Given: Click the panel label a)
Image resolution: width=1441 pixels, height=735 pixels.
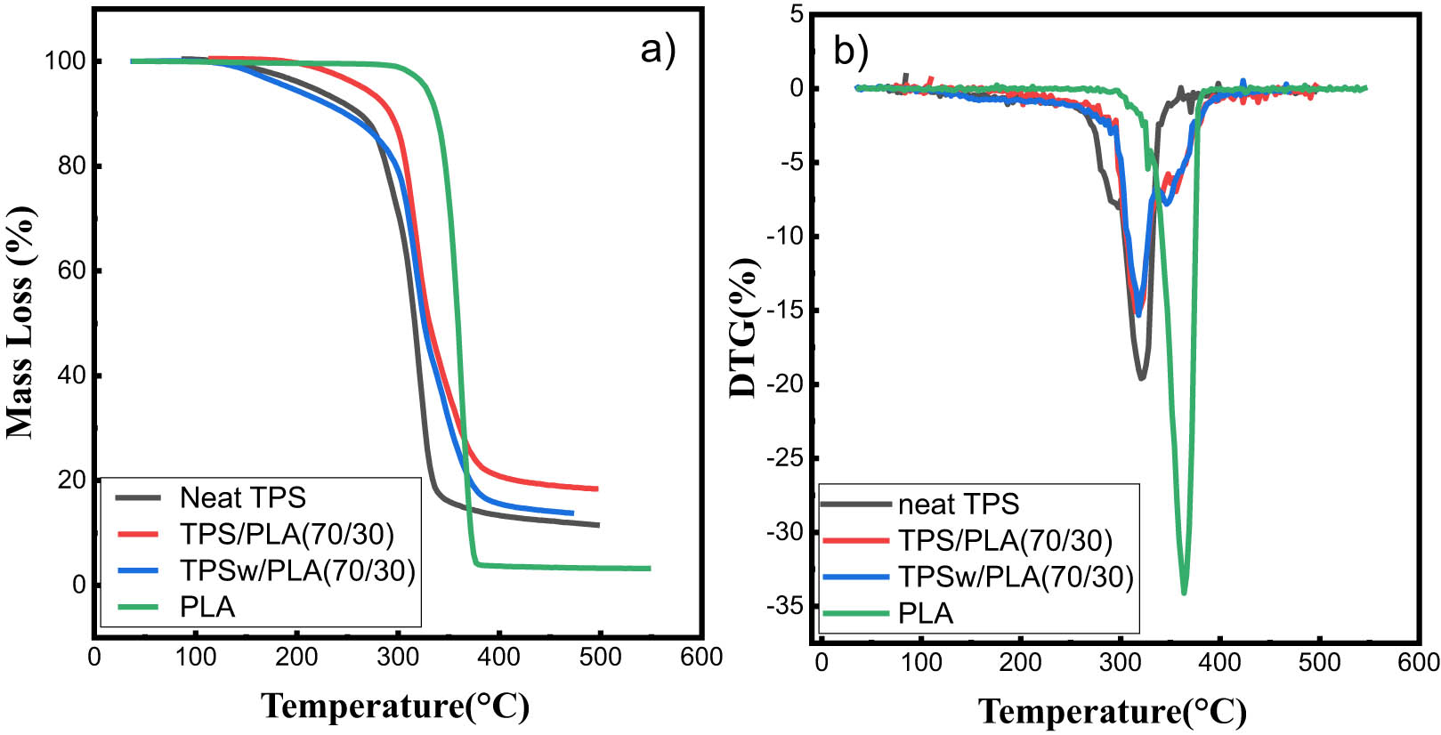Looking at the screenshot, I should pos(658,50).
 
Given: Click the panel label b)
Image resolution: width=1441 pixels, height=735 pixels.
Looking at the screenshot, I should pos(850,51).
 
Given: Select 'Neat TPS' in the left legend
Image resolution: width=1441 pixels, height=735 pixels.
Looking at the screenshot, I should pos(242,497).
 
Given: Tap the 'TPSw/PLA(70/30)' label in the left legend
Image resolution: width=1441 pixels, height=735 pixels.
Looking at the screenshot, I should pos(297,570).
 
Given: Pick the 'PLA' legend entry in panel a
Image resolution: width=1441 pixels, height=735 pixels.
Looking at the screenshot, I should pos(207,607).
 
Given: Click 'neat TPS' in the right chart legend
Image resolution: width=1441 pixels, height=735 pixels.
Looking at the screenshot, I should pos(958,505).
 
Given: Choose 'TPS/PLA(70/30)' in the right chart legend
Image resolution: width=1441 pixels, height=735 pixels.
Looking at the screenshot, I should pos(1005,540).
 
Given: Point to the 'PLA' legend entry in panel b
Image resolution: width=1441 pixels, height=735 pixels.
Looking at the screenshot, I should pos(926,613).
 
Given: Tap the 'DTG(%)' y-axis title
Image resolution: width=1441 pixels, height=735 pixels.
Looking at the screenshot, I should pos(743,328).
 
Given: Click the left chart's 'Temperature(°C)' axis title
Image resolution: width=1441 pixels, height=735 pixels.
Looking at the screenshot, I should pos(395,706).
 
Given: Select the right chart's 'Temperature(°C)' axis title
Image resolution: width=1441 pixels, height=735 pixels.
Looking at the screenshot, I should pos(1113,712).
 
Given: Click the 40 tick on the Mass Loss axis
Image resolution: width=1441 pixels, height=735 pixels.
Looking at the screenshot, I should pos(71,376).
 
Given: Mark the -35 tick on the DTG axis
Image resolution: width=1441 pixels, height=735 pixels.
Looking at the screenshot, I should pos(785,606).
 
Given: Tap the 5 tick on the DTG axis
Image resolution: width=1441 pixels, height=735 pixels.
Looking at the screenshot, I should pos(796,14).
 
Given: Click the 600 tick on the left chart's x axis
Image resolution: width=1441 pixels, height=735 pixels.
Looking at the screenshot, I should pos(701,658).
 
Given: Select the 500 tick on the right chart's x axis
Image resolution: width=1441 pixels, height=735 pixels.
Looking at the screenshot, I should pos(1319,663).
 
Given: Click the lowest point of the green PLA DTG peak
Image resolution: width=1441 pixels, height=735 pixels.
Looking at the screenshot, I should pos(1184,593).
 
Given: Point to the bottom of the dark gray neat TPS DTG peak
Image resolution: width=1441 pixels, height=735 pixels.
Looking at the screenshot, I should pos(1141,378).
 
